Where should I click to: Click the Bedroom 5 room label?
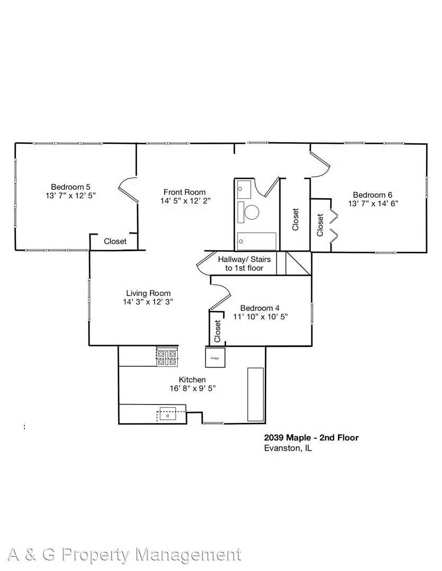(70, 187)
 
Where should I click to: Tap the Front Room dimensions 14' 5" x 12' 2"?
(184, 201)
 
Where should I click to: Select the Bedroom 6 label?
(373, 194)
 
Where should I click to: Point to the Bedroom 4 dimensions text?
(260, 317)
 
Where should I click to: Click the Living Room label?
(148, 293)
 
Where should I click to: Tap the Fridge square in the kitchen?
(215, 357)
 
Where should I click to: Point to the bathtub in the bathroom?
(257, 241)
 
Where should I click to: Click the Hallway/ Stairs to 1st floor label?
(241, 263)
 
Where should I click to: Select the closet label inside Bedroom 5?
(115, 241)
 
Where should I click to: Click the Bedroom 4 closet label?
(217, 331)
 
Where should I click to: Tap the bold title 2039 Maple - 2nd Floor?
(311, 437)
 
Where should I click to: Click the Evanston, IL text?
(288, 448)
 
